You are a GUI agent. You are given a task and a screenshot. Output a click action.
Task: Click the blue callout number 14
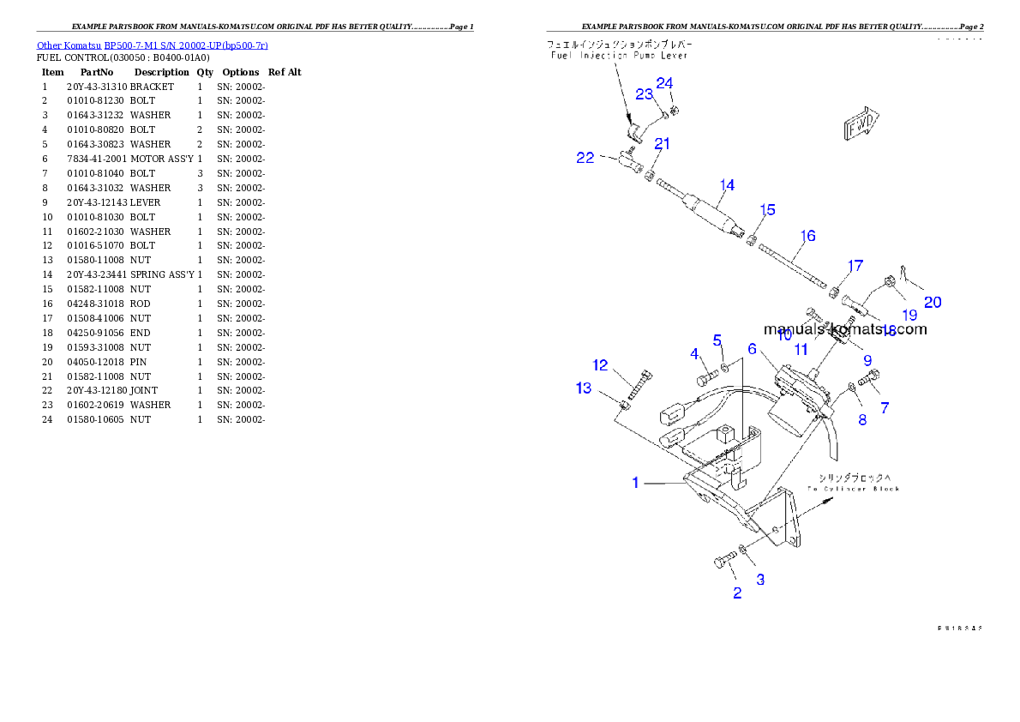(727, 185)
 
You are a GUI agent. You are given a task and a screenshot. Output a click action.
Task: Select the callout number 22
(585, 158)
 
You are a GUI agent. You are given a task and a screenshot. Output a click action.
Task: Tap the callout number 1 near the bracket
(635, 483)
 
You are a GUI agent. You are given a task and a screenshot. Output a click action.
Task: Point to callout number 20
(932, 302)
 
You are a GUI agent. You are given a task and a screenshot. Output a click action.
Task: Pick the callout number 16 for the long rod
(807, 236)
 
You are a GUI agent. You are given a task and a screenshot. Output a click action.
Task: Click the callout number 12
(600, 365)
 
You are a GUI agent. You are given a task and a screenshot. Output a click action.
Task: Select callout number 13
(583, 388)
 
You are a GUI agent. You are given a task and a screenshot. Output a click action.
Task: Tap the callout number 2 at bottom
(737, 593)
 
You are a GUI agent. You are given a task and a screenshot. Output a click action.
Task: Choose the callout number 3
(760, 580)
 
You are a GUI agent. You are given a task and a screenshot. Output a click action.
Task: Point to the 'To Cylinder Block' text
(854, 489)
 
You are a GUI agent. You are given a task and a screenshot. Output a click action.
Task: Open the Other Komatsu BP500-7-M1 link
(152, 45)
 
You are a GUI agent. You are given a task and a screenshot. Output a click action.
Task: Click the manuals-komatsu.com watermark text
(844, 329)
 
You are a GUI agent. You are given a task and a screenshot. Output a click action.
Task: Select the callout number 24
(664, 83)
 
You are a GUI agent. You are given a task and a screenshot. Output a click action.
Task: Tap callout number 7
(885, 408)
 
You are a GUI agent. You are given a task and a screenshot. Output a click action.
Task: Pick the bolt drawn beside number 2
(722, 563)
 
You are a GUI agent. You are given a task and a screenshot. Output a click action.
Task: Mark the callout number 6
(752, 349)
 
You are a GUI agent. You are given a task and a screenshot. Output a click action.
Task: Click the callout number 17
(855, 267)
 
